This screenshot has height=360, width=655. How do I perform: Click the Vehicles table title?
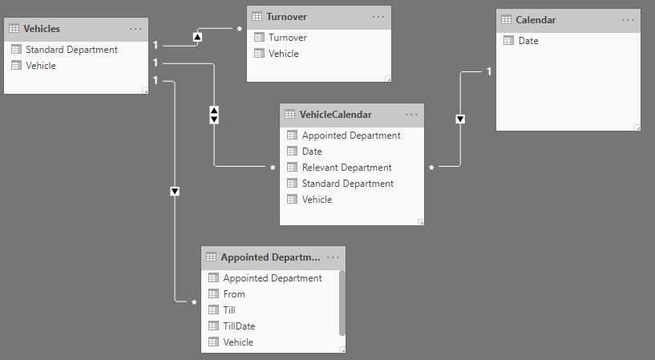click(x=42, y=29)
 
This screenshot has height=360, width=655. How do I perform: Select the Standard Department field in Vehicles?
click(x=71, y=50)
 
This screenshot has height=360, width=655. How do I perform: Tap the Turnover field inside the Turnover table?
click(x=287, y=38)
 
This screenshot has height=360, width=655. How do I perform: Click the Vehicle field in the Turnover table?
click(x=284, y=54)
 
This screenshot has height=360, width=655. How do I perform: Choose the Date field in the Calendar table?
click(x=528, y=41)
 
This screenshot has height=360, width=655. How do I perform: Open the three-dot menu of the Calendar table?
click(x=628, y=20)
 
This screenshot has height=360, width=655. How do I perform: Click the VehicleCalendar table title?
click(x=335, y=115)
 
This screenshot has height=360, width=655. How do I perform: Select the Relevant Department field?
click(x=346, y=168)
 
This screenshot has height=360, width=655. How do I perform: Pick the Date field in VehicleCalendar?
click(x=312, y=152)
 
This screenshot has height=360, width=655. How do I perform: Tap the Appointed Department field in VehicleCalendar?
click(x=351, y=136)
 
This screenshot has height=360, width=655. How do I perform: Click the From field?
click(x=234, y=294)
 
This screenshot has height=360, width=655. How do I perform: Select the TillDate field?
click(x=239, y=326)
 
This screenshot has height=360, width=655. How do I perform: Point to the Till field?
click(x=229, y=309)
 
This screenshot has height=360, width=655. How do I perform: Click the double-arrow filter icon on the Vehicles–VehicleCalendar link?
click(x=214, y=115)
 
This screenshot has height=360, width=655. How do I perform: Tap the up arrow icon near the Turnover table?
click(x=197, y=37)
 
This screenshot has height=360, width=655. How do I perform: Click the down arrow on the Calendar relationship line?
click(x=460, y=119)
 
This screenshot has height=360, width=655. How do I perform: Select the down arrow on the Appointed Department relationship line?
click(x=175, y=192)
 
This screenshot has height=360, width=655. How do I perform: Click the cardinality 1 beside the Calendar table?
click(x=489, y=72)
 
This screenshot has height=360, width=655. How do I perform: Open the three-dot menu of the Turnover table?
click(x=378, y=17)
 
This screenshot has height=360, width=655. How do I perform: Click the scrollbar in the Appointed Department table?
click(x=342, y=303)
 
